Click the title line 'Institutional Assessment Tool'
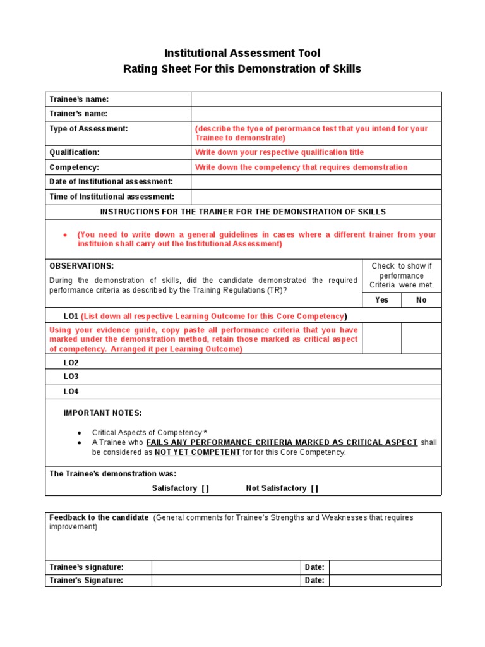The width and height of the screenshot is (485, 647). click(242, 53)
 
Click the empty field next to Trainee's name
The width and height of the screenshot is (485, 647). click(316, 99)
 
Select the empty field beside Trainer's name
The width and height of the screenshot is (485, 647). click(316, 114)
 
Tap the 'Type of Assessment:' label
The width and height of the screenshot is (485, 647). click(88, 128)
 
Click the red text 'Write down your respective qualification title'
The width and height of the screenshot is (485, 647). click(279, 152)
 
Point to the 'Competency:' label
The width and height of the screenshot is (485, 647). click(75, 167)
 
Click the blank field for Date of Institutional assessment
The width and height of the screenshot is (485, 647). click(316, 182)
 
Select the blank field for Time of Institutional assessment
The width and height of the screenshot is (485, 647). click(316, 197)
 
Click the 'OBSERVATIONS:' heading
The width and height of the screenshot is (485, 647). click(81, 266)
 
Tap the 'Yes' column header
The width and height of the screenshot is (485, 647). click(381, 300)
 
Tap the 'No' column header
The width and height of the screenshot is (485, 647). click(421, 300)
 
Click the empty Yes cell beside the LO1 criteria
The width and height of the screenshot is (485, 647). click(381, 339)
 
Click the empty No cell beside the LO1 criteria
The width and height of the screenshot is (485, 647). click(421, 339)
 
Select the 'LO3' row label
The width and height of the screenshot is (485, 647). click(71, 377)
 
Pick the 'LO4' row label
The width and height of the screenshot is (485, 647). click(71, 392)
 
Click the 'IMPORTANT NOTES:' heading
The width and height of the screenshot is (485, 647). click(103, 413)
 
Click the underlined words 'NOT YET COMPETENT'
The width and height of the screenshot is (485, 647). click(198, 452)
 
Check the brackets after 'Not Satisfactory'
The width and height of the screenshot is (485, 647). click(314, 488)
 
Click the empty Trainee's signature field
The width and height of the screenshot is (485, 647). click(225, 567)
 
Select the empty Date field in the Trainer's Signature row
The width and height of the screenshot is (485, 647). click(385, 581)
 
